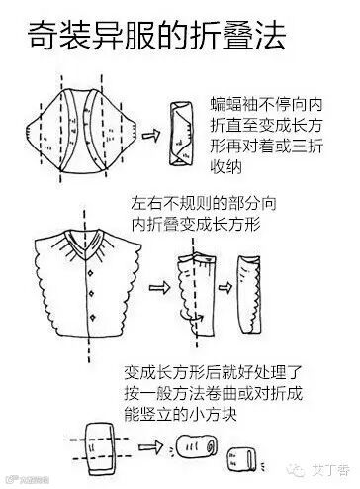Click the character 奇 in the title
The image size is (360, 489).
point(42,36)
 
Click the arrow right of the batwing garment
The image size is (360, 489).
point(151,136)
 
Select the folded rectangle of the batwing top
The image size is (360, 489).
point(181,134)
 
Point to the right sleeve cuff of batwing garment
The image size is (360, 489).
point(132,132)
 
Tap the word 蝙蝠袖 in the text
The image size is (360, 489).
point(231,105)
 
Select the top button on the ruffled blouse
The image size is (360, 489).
point(91,273)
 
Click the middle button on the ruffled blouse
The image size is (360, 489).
point(92,293)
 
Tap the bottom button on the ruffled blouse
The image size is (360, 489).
point(93,317)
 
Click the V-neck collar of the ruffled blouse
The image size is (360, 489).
point(85,244)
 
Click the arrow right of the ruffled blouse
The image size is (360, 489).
point(159,287)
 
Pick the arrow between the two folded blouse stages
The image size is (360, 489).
point(225,288)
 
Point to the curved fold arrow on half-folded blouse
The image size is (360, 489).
point(191,317)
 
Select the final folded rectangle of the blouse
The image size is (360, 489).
point(249,294)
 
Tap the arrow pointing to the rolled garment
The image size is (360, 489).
point(150,447)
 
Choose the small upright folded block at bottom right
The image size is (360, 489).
point(240,460)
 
